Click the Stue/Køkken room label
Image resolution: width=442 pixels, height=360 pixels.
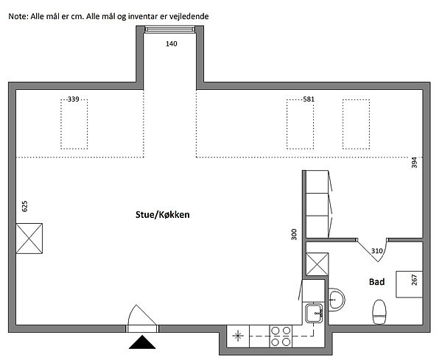pyautogui.click(x=162, y=215)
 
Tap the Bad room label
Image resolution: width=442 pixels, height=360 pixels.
pyautogui.click(x=376, y=282)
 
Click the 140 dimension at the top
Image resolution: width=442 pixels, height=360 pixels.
pyautogui.click(x=172, y=43)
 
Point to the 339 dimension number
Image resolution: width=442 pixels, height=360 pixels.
pyautogui.click(x=73, y=99)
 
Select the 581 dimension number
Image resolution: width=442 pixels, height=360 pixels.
pyautogui.click(x=309, y=99)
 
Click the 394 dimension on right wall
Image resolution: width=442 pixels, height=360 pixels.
pyautogui.click(x=414, y=163)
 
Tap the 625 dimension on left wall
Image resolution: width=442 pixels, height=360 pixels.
pyautogui.click(x=25, y=206)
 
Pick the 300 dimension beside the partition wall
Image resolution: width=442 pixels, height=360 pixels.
pyautogui.click(x=294, y=234)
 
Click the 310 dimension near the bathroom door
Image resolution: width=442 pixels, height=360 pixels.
pyautogui.click(x=376, y=251)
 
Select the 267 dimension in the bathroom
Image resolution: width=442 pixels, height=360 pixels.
pyautogui.click(x=414, y=280)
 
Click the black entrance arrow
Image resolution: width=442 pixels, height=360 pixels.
pyautogui.click(x=142, y=342)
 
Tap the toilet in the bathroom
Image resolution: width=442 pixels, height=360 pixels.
pyautogui.click(x=379, y=311)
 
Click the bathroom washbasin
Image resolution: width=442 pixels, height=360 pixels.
pyautogui.click(x=337, y=300)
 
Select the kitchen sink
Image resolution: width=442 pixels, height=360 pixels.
pyautogui.click(x=314, y=313)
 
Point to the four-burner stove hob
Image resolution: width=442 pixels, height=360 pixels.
pyautogui.click(x=281, y=336)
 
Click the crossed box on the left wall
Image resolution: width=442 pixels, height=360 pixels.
pyautogui.click(x=29, y=239)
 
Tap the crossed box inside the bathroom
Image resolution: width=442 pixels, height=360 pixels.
pyautogui.click(x=317, y=264)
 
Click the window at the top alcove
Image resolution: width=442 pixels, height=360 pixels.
pyautogui.click(x=169, y=29)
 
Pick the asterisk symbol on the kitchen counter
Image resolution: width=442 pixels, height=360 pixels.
pyautogui.click(x=238, y=336)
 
